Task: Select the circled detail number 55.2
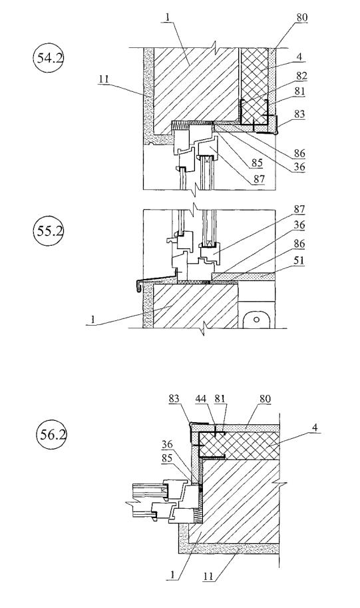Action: click(49, 231)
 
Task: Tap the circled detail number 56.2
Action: click(51, 434)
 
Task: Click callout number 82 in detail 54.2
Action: click(301, 76)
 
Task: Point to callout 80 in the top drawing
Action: click(302, 17)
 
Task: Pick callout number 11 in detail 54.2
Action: click(103, 79)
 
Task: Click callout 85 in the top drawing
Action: click(257, 163)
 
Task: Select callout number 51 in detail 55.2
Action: click(299, 260)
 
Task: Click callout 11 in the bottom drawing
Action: click(208, 576)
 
